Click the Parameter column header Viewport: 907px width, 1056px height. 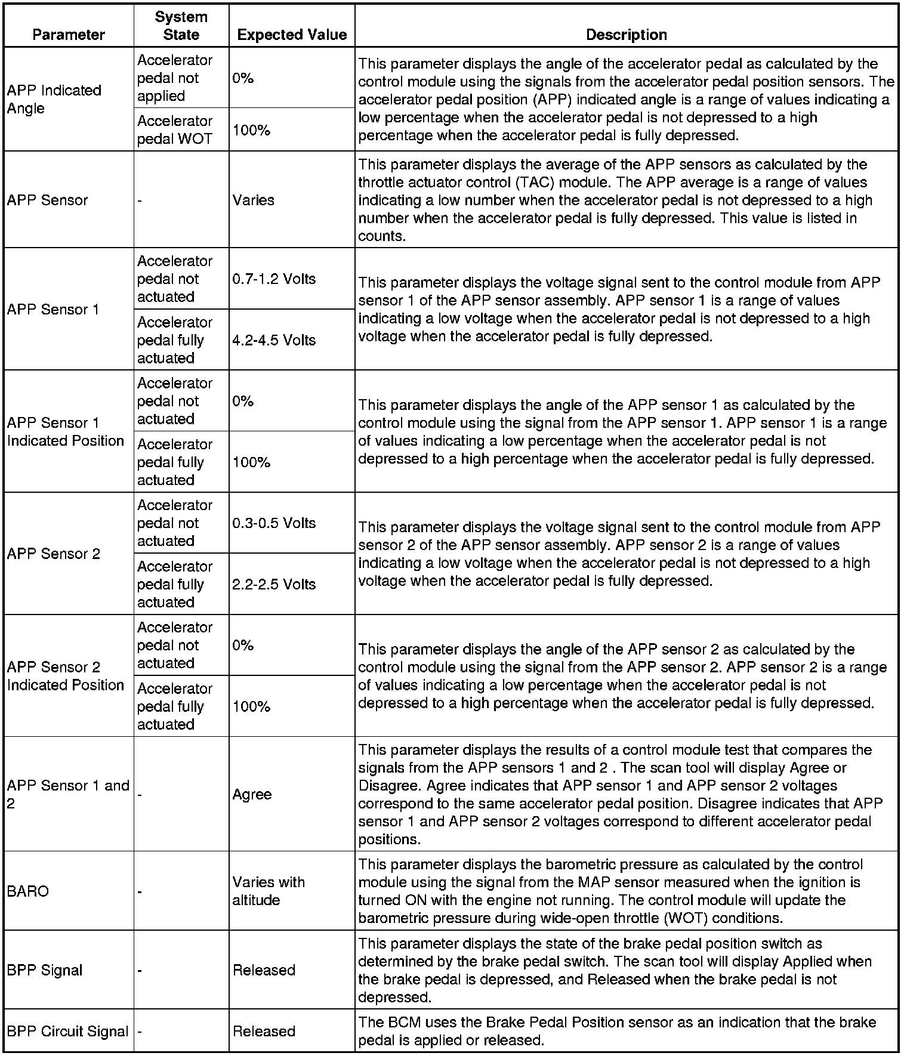coord(69,35)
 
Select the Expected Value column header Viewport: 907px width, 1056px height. coord(292,35)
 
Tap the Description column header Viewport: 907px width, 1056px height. coord(626,35)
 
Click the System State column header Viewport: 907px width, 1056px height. coord(181,26)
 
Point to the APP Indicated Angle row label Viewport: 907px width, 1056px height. coord(54,99)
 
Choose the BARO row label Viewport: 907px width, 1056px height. coord(28,891)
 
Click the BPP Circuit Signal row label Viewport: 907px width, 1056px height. coord(68,1032)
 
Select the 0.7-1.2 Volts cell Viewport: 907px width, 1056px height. coord(274,279)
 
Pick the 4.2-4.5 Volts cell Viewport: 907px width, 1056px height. coord(274,340)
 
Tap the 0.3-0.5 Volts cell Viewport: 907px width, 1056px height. coord(274,523)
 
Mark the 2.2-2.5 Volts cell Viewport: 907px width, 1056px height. coord(274,584)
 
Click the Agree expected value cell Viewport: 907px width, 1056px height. coord(252,795)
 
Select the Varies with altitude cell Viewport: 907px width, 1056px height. coord(269,891)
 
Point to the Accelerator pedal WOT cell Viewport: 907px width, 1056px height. coord(175,130)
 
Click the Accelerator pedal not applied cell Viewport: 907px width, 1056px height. coord(175,78)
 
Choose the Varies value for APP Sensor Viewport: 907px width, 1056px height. coord(254,200)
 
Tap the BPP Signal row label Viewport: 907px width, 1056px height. coord(45,970)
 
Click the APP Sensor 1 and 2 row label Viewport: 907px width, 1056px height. coord(68,795)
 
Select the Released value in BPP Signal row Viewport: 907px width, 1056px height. coord(264,970)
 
